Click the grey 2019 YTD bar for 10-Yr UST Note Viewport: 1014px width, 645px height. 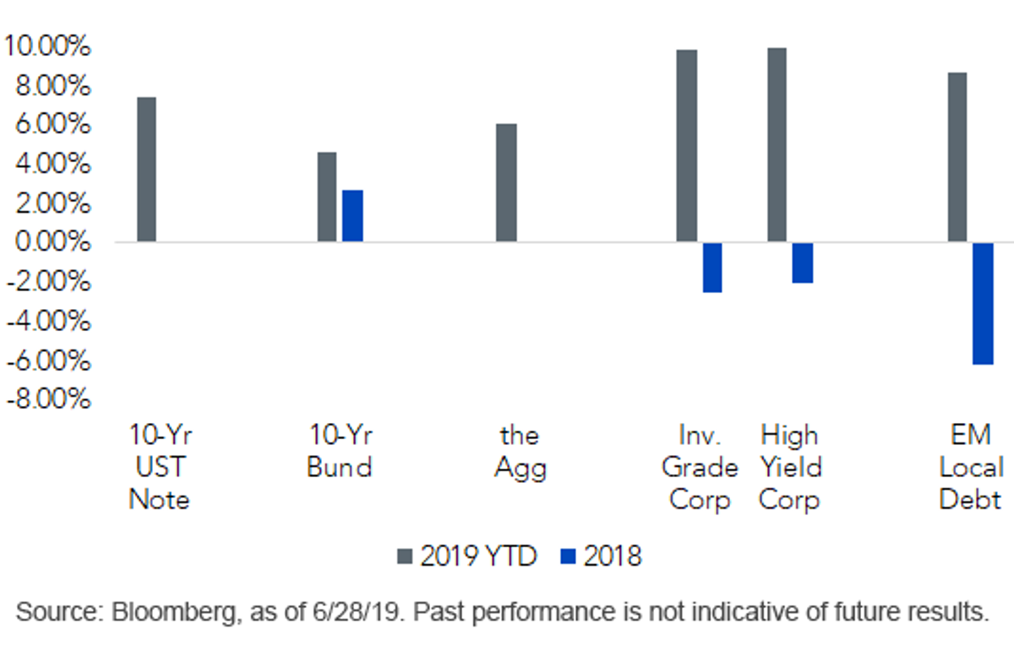point(147,169)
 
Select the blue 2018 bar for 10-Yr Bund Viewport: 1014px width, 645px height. point(352,216)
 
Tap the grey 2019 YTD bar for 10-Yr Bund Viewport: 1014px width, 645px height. point(327,197)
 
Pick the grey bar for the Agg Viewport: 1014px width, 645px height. point(506,182)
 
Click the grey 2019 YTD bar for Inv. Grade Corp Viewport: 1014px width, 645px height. point(687,146)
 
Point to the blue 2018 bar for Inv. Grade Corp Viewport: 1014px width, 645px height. point(712,268)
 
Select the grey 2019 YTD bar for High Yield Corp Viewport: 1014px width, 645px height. point(777,144)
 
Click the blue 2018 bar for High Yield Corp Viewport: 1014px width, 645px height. point(803,263)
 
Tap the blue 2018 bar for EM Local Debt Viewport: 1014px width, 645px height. point(984,304)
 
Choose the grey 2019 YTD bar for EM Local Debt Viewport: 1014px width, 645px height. point(957,157)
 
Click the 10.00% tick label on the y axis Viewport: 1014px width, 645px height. point(47,46)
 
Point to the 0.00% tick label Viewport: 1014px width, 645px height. point(53,241)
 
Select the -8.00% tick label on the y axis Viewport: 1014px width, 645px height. point(49,399)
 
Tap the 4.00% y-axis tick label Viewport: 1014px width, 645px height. point(53,163)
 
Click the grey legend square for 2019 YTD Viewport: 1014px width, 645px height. point(405,556)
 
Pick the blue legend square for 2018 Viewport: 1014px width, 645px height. point(568,556)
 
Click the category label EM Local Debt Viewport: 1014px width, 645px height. point(971,467)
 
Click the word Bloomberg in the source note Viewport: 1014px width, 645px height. point(174,613)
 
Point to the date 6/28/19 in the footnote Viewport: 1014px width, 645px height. point(357,612)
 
